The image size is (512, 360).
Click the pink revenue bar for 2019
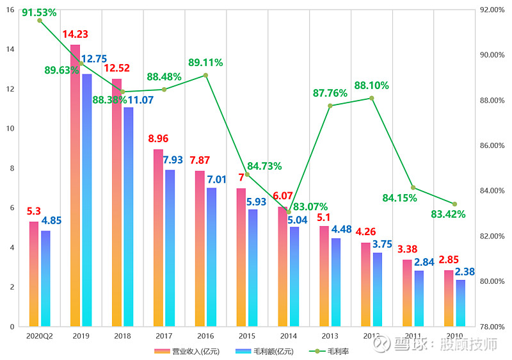76,186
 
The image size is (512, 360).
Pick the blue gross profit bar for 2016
212,257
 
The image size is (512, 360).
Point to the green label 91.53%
39,12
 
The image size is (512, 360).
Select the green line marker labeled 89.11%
205,75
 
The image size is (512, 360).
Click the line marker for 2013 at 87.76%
330,106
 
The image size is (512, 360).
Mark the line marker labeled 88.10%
371,98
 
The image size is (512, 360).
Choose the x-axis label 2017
164,336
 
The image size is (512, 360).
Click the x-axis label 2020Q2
39,336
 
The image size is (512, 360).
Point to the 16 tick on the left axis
10,10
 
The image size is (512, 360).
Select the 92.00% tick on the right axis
491,10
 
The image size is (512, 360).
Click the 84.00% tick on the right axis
491,191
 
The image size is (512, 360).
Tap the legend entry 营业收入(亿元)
190,351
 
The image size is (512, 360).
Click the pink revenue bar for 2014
283,266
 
